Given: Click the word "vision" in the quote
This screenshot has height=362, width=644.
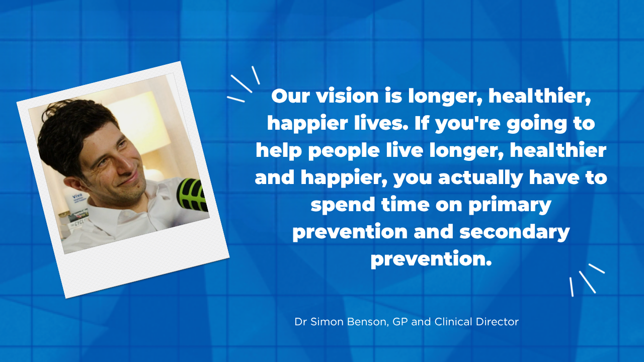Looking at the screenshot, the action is [347, 96].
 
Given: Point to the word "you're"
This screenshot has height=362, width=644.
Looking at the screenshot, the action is [468, 124].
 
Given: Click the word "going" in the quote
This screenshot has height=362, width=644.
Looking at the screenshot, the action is [536, 124].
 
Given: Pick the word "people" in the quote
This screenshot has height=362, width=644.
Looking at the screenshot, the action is [344, 151].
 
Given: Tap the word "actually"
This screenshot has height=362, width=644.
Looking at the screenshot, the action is [480, 178].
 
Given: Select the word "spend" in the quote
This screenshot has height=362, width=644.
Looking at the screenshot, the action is [343, 206].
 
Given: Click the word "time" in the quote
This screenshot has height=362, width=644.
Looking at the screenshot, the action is [406, 205].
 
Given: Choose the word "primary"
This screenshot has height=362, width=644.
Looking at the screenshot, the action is [510, 206].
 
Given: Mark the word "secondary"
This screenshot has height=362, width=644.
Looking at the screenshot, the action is [515, 233].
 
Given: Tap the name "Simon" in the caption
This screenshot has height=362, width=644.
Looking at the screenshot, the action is [327, 322].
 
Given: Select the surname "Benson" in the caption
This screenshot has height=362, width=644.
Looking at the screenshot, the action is [368, 322].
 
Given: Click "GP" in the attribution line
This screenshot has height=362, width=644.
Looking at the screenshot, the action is [400, 322].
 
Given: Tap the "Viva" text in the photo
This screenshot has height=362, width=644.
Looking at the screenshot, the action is [77, 196].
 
